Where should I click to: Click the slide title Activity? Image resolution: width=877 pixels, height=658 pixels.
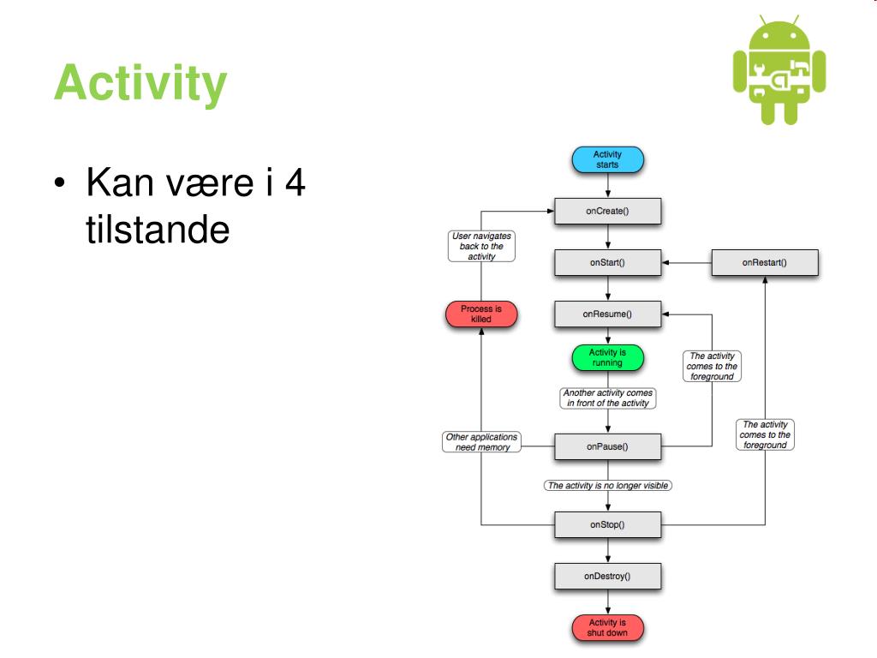pos(140,84)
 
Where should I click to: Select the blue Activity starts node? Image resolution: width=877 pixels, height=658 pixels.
pos(607,159)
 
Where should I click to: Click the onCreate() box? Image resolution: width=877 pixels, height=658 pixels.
pos(607,211)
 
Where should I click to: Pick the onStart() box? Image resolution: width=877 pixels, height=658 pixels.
pos(607,263)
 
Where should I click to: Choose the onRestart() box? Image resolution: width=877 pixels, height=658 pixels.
pos(764,263)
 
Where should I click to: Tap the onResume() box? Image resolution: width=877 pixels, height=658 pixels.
pos(607,314)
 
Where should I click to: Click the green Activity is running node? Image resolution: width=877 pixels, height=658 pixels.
pos(607,357)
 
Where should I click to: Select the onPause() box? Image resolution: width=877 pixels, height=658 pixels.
pos(607,446)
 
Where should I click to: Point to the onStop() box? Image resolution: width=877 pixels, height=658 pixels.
pos(607,523)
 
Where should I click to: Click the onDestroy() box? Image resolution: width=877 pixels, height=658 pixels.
pos(607,576)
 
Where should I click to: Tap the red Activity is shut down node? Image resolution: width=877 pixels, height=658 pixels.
pos(607,627)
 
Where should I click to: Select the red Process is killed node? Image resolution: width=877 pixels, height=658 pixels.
pos(481,314)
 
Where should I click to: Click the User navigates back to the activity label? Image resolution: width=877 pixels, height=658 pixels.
pos(481,246)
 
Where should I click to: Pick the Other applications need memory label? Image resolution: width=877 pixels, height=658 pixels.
pos(481,442)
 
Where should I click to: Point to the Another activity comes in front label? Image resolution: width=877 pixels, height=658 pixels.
pos(607,398)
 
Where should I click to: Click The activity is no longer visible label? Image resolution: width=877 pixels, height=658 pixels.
pos(607,486)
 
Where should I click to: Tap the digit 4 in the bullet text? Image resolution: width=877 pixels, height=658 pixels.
pos(294,184)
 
